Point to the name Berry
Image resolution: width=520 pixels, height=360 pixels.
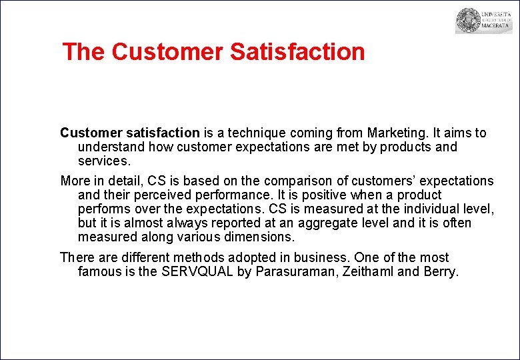pos(441,271)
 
